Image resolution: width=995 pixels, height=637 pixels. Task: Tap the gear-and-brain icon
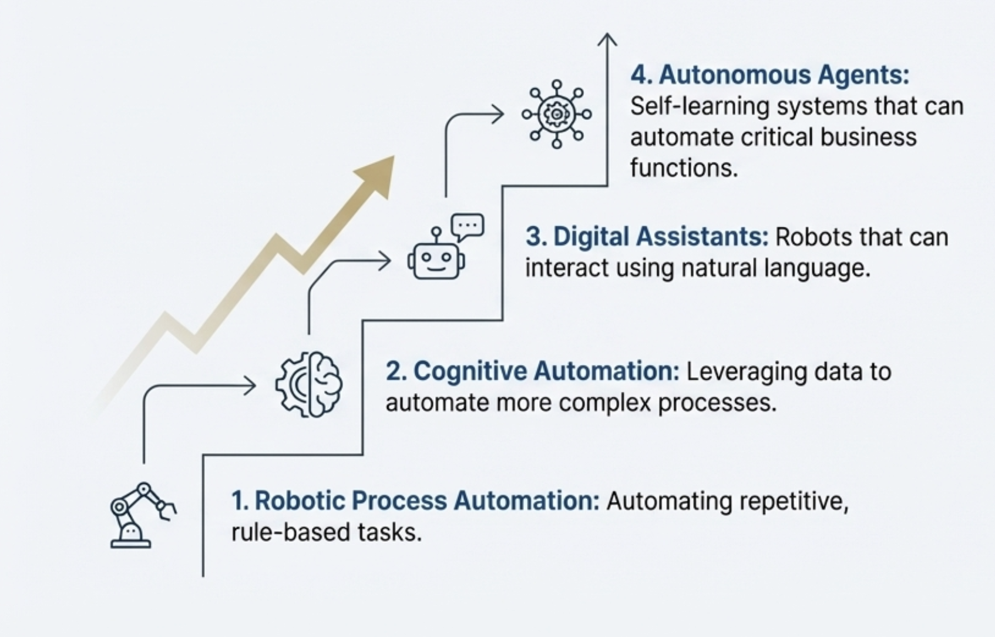(309, 384)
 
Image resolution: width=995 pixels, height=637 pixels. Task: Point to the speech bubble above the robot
(468, 227)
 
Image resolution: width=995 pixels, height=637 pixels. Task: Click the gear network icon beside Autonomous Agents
(557, 114)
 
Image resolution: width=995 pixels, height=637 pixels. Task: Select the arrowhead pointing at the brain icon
(250, 385)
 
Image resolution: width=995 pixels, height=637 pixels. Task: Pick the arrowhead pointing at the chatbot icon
(385, 261)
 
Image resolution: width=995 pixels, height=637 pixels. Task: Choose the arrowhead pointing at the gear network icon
(497, 114)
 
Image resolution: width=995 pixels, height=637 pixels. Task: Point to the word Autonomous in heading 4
(735, 75)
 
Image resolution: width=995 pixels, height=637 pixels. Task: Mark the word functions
(684, 168)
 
